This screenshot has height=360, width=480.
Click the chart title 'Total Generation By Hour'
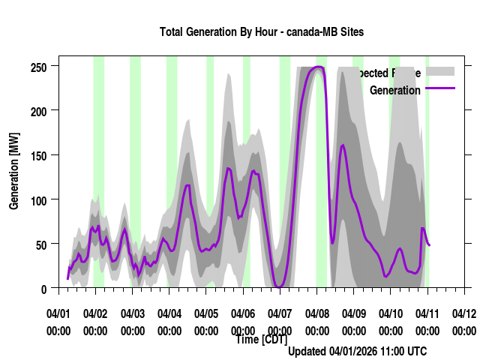coord(262,32)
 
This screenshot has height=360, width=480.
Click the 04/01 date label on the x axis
coord(58,313)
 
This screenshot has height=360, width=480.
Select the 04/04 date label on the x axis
coord(169,313)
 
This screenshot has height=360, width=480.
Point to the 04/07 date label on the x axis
coord(280,313)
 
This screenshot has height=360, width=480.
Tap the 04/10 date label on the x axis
coord(390,313)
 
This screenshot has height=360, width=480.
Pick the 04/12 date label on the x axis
coord(464,313)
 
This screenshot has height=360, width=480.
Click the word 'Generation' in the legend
coord(395,90)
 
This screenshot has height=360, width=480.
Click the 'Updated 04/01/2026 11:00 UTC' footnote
coord(357,351)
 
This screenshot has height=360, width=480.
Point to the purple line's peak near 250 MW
coord(319,67)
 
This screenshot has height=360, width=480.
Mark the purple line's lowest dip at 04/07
coord(279,286)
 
